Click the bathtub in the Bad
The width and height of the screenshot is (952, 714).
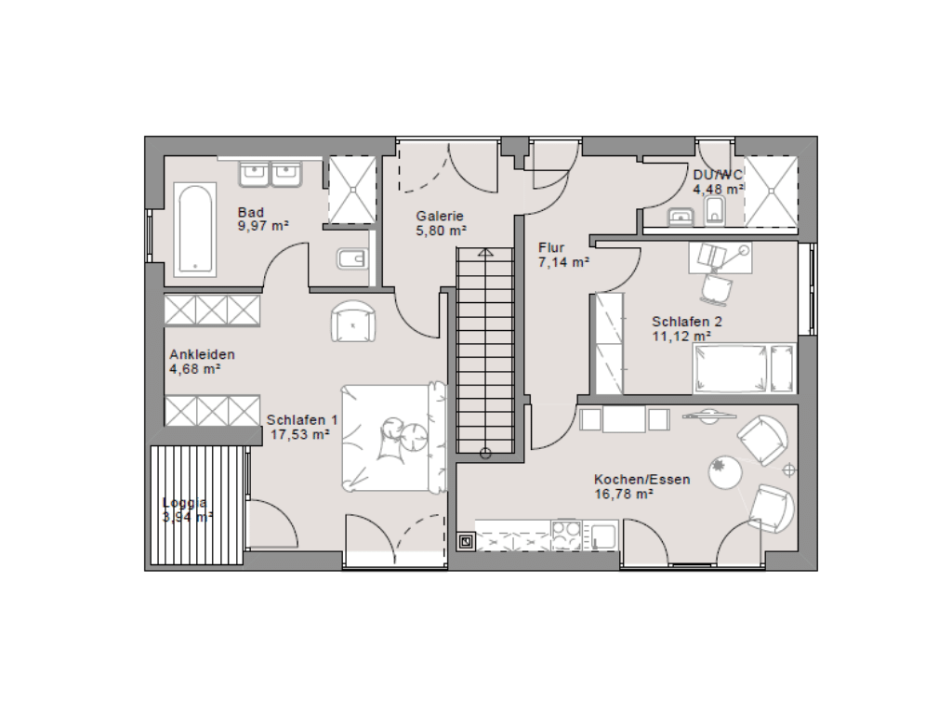tap(195, 230)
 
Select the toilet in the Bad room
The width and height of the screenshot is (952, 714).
tap(352, 260)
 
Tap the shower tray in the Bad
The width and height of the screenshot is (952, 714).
tap(352, 190)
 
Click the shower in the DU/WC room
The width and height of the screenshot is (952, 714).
tap(771, 192)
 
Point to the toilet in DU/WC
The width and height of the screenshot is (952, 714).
tap(715, 211)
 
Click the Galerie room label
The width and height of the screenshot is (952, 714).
tap(440, 216)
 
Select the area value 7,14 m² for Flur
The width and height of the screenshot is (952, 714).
tap(564, 262)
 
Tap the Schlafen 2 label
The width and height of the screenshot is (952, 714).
tap(687, 321)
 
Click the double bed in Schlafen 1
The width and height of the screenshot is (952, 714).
tap(393, 437)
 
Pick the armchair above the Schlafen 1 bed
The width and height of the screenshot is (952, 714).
tap(353, 322)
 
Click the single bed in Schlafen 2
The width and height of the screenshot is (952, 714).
tap(744, 368)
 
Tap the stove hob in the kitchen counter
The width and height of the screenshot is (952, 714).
tap(566, 535)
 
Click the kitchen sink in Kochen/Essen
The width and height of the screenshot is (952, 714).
tap(602, 535)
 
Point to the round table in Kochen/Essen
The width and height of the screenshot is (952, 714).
tap(725, 472)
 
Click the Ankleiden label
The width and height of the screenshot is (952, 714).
tap(202, 354)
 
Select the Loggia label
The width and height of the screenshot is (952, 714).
tap(185, 503)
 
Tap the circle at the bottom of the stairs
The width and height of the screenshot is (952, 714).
tap(485, 453)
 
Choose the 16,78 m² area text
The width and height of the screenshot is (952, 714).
tap(624, 495)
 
